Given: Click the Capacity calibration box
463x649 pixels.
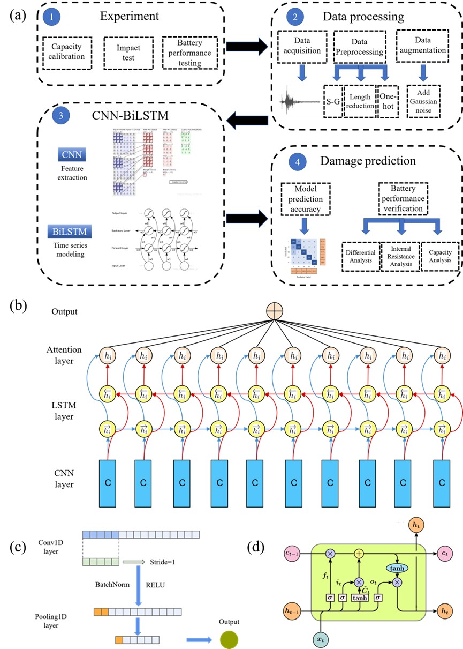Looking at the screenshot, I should point(69,53).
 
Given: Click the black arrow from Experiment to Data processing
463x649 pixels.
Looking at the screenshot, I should point(246,47).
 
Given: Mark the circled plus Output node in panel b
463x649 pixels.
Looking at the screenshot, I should point(274,312).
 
